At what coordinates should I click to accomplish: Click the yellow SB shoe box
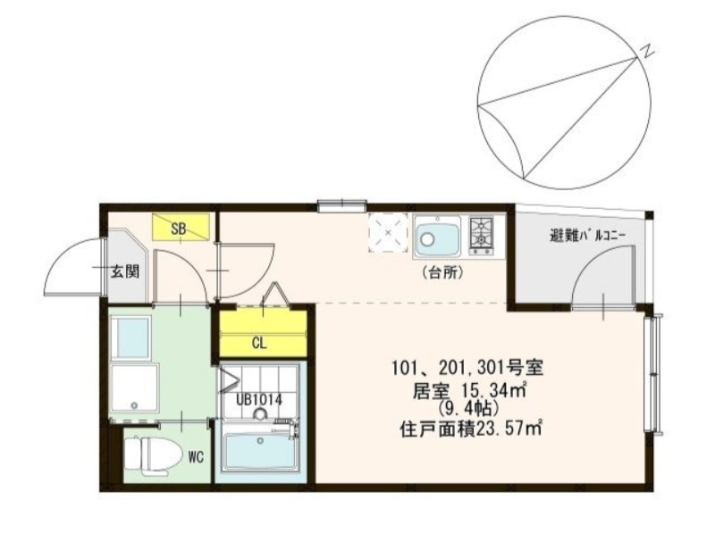[x=182, y=228]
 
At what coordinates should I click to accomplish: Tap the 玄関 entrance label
[x=125, y=272]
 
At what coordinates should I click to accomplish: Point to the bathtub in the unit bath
[x=258, y=451]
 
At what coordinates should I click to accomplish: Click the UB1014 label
[x=260, y=400]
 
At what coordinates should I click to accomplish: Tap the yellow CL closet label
[x=260, y=342]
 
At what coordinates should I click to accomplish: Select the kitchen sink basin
[x=436, y=238]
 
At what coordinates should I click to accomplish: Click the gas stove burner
[x=482, y=233]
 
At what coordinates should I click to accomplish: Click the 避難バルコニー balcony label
[x=587, y=237]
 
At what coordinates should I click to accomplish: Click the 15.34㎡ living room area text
[x=487, y=389]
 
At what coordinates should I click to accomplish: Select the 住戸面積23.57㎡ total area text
[x=472, y=429]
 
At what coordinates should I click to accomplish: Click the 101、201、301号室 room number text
[x=464, y=368]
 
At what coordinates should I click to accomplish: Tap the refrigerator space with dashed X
[x=389, y=233]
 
